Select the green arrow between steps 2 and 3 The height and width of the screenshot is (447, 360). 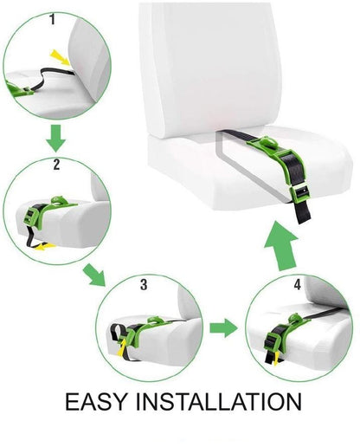point(93,275)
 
